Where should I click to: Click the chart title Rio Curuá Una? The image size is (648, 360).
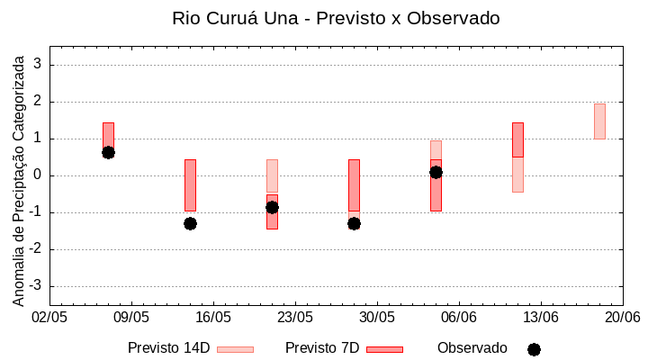point(336,18)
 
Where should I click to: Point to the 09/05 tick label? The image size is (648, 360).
point(131,318)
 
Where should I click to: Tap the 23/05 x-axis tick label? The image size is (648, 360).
point(295,318)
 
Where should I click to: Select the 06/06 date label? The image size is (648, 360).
point(459,318)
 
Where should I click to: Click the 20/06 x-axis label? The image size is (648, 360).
point(622,318)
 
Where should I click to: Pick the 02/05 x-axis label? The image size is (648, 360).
point(50,318)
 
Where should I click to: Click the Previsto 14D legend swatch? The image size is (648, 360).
point(236,349)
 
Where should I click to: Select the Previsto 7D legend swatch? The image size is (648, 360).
point(384,349)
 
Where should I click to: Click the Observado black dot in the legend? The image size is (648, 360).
point(534,349)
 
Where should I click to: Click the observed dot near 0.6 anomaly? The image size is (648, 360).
point(108,152)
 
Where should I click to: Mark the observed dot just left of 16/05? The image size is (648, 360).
point(190,223)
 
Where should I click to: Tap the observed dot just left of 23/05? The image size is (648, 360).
point(272,207)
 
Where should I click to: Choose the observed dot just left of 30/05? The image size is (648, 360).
point(354,223)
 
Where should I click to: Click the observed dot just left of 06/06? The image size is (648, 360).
point(436,172)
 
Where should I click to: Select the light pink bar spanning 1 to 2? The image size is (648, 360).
point(599,121)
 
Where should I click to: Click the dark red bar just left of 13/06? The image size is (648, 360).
point(517,139)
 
